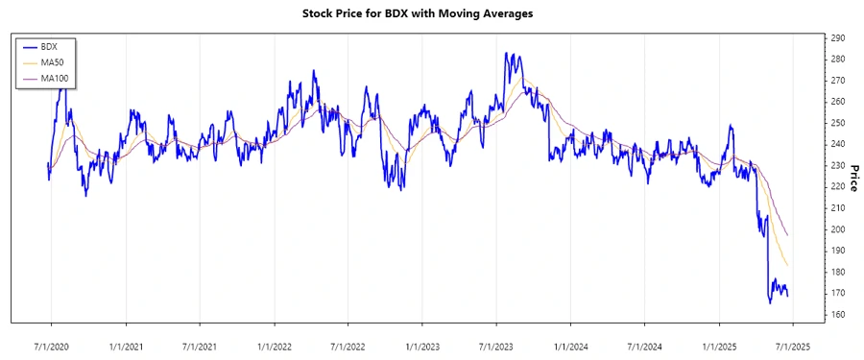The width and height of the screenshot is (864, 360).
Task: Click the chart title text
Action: coord(431,13)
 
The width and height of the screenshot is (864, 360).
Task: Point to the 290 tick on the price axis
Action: coord(837,38)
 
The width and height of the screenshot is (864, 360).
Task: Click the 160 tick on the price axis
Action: coord(837,314)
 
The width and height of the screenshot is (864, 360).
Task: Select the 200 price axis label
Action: coord(837,229)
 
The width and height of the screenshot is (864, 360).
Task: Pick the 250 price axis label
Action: coord(837,123)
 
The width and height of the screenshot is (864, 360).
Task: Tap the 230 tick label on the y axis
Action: coord(837,166)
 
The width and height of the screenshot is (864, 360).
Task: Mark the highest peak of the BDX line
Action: coord(506,53)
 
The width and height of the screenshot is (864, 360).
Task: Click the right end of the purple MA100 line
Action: coord(788,235)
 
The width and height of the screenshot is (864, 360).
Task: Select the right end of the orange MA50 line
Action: coord(788,266)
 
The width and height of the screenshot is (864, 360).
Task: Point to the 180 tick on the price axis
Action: coord(837,272)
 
